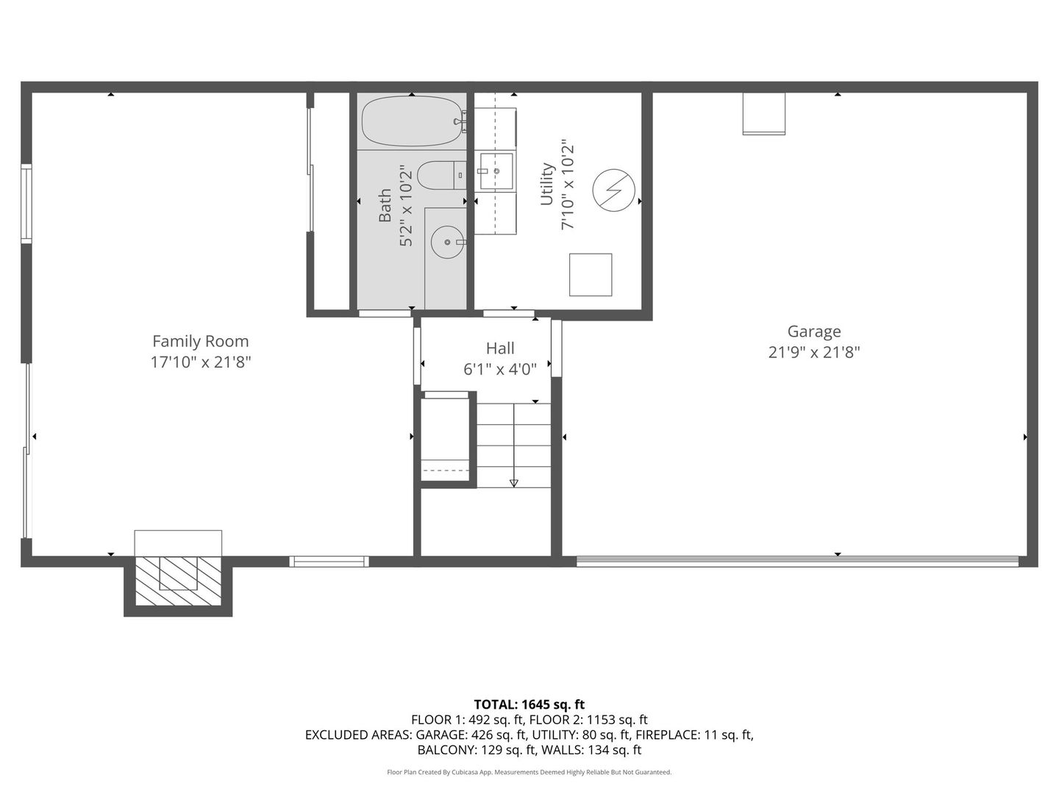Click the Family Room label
(200, 341)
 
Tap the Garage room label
(813, 332)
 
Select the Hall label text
(500, 348)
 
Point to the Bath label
(385, 206)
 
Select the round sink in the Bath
(446, 241)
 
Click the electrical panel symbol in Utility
(613, 190)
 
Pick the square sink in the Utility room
(496, 171)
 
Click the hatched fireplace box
(178, 581)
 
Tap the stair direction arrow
(513, 482)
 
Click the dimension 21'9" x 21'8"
(813, 352)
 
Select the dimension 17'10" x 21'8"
(200, 362)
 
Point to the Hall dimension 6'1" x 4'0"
(500, 369)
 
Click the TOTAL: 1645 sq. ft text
(529, 704)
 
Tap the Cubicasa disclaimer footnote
(529, 772)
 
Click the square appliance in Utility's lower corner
(591, 274)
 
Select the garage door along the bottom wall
(797, 562)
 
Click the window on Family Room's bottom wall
(329, 562)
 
